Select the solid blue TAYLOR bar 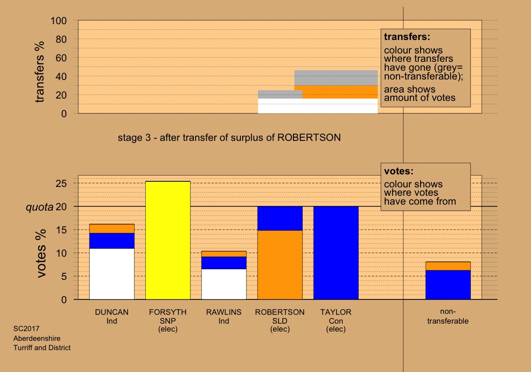point(336,253)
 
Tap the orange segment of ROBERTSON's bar point(280,265)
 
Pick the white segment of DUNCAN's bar point(112,274)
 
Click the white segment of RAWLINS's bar point(224,284)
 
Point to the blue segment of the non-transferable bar point(448,285)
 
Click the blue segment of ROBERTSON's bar point(280,218)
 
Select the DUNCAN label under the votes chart point(112,312)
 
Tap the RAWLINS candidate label point(224,312)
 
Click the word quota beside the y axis point(39,207)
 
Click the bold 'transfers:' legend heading point(406,36)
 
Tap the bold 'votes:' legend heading point(399,171)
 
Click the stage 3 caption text point(229,138)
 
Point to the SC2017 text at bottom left point(23,329)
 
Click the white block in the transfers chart point(318,106)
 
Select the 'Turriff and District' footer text point(42,347)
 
